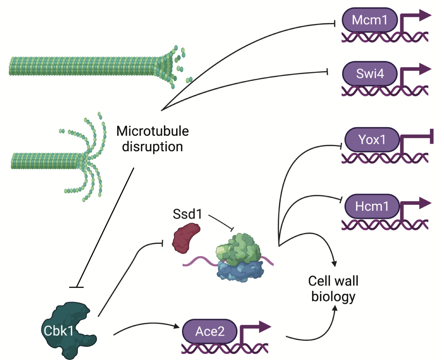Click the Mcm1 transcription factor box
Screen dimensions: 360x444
369,20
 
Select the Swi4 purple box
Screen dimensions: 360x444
369,74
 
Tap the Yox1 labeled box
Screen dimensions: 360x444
372,140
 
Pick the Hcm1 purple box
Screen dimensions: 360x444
372,207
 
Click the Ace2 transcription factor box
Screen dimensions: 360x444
210,331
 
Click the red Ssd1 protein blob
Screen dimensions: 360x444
185,238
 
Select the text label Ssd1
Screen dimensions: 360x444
187,214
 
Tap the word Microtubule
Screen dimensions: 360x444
153,131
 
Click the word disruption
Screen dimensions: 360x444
153,147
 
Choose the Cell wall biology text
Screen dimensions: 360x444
333,289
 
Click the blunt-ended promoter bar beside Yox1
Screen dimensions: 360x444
432,136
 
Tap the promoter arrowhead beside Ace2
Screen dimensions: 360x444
265,326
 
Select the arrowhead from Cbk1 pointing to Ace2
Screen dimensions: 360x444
176,326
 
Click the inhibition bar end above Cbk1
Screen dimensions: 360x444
76,287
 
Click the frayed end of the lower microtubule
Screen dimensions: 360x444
91,160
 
